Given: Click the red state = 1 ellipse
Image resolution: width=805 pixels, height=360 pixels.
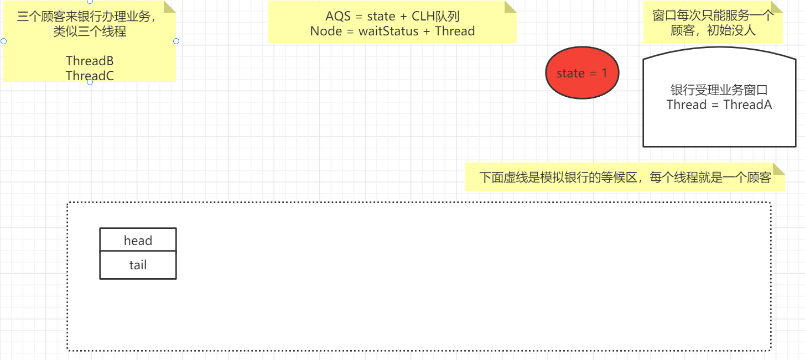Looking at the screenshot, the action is click(x=581, y=73).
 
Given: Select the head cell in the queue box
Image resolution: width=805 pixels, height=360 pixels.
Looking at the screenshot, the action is click(x=138, y=241).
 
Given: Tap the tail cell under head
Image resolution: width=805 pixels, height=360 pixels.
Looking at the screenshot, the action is click(x=138, y=265).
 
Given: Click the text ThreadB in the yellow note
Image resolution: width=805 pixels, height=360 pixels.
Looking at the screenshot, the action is click(x=90, y=61).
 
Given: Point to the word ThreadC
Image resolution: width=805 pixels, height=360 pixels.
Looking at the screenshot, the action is click(x=90, y=76).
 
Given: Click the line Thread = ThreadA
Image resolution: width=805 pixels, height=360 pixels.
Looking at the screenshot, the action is click(x=719, y=105).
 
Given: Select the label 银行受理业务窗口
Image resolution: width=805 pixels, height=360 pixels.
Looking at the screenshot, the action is click(x=719, y=90).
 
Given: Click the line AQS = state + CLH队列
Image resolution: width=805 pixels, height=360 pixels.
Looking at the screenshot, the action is click(x=392, y=16).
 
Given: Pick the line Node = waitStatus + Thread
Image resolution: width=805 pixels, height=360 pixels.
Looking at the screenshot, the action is click(x=392, y=31).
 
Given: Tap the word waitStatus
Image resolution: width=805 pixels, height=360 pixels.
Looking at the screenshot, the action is click(x=388, y=31).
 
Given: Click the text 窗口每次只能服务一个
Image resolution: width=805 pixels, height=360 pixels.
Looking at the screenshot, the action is click(x=713, y=15).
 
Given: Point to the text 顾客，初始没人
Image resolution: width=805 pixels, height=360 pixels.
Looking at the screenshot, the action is click(x=713, y=30).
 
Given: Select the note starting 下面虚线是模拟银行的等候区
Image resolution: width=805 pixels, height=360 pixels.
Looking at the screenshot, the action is click(x=625, y=178).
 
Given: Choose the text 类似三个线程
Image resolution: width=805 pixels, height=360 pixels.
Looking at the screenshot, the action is click(x=90, y=31).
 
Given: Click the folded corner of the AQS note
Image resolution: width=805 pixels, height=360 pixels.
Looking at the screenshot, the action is click(x=510, y=7).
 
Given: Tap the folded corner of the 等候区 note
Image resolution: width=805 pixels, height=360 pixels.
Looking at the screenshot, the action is click(x=778, y=169).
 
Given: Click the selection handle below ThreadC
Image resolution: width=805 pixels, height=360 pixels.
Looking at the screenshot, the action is click(x=90, y=82).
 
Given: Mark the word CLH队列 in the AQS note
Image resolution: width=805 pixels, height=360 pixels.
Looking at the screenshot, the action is click(x=435, y=16).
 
